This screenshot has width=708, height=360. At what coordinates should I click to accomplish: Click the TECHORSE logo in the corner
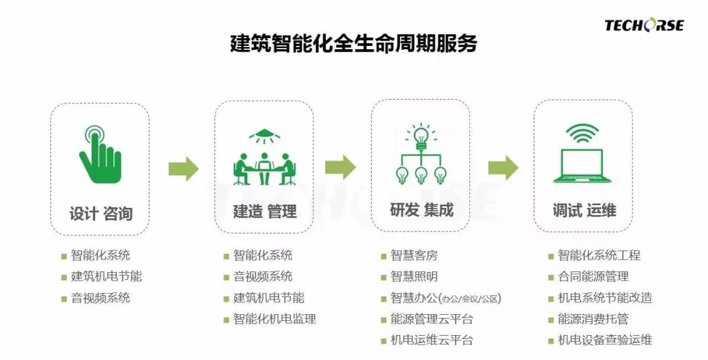pos(644,26)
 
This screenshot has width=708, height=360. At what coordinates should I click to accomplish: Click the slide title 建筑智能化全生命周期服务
pos(354,43)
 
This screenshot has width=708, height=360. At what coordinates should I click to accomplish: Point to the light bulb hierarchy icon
pos(421,155)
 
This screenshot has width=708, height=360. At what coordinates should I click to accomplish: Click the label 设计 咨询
pos(101,213)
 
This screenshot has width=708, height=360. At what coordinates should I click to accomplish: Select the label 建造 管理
pos(264,211)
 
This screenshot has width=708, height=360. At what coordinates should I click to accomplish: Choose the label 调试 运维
pos(583,210)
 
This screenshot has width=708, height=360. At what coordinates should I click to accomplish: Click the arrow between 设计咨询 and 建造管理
pos(183,169)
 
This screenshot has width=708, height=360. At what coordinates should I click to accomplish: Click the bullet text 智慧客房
pos(414,256)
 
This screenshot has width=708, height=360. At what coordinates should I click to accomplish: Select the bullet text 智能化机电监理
pos(275,319)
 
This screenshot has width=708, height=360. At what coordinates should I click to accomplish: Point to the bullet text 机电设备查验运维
pos(604,340)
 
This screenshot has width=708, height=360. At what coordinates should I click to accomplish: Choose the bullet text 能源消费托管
pos(593,319)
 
